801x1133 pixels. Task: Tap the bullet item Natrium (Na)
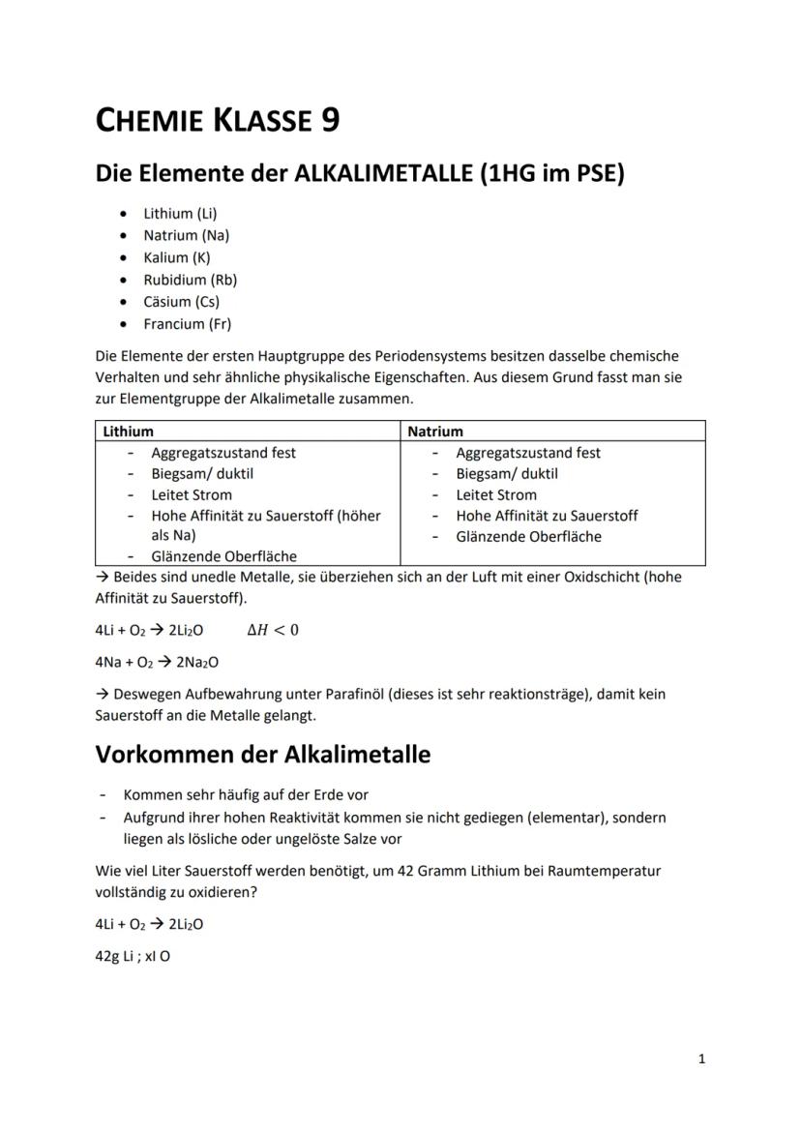[x=187, y=235]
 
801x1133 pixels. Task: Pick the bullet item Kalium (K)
[x=177, y=257]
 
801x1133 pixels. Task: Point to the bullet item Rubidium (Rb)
[x=191, y=280]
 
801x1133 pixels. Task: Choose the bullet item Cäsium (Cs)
[x=182, y=302]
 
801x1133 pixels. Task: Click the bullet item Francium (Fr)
[x=188, y=324]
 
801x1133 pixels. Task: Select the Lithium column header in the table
[x=129, y=432]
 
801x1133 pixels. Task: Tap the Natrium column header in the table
[x=435, y=432]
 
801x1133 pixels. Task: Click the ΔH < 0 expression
[x=273, y=630]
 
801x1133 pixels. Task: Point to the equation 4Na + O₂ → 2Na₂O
[x=157, y=663]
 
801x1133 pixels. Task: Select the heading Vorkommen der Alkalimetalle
[x=262, y=754]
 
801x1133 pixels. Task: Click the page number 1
[x=701, y=1059]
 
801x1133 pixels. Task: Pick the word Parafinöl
[x=358, y=695]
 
